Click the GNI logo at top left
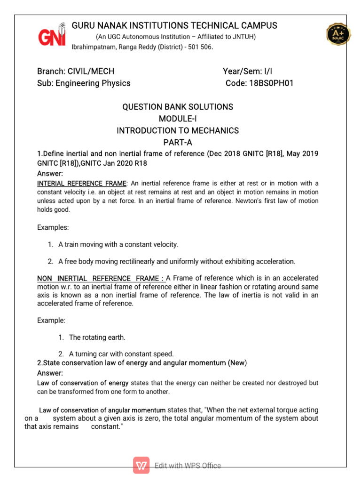point(52,34)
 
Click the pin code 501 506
point(200,47)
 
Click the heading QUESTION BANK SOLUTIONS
point(178,107)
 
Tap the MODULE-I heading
point(178,119)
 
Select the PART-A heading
point(178,142)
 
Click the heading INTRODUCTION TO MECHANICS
point(178,130)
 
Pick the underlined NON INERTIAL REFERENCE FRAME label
point(101,278)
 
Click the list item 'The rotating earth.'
point(97,337)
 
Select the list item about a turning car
point(121,353)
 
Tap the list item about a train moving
point(118,244)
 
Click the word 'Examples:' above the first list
point(53,227)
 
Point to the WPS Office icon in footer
point(141,466)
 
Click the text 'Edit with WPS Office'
point(188,466)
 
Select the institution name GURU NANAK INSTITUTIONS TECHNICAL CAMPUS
point(174,25)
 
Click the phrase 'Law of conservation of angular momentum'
point(102,410)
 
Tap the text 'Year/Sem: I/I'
point(248,72)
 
